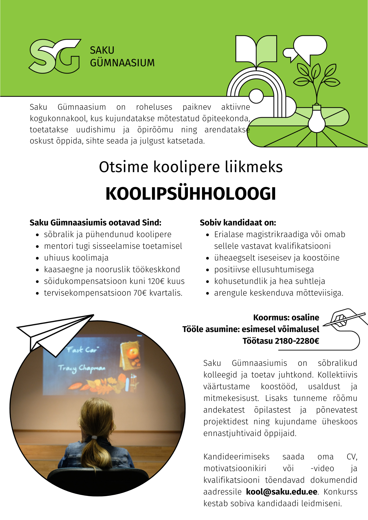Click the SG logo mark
point(54,56)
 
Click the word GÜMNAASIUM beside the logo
point(122,63)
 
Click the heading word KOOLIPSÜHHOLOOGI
point(191,194)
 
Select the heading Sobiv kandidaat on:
point(238,223)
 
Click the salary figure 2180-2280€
point(297,341)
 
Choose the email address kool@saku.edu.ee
point(282,492)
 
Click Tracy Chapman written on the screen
point(82,368)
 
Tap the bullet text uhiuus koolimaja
point(76,258)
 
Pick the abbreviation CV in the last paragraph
point(352,457)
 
